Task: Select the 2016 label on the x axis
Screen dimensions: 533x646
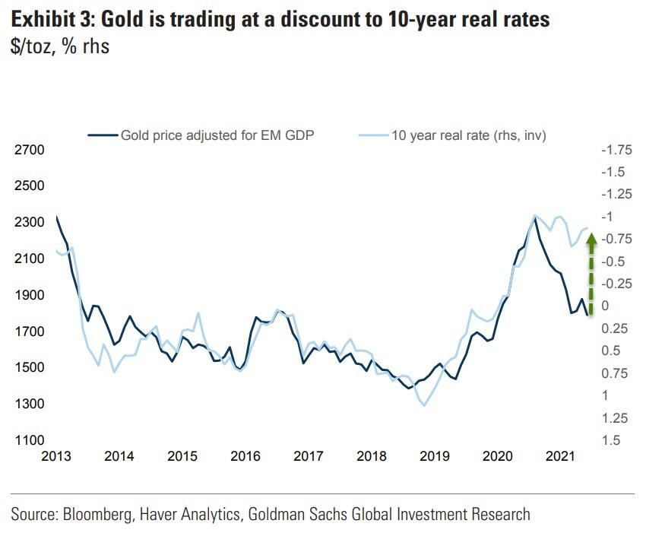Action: click(x=245, y=456)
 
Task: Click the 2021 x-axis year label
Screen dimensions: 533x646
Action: click(x=559, y=456)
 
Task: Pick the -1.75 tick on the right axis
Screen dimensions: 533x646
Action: click(x=616, y=150)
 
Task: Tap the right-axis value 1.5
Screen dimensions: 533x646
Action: click(x=610, y=440)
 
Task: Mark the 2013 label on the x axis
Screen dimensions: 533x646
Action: click(x=56, y=456)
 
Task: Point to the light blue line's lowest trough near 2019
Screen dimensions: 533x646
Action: click(x=423, y=405)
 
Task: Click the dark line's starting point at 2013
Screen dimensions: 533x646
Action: click(x=56, y=217)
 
